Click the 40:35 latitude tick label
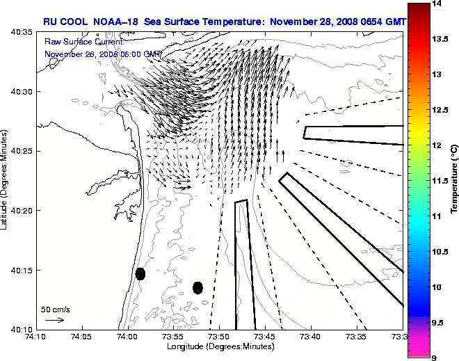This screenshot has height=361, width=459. (x=23, y=33)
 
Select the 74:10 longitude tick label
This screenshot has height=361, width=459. (x=35, y=336)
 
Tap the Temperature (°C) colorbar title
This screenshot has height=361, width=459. (x=453, y=180)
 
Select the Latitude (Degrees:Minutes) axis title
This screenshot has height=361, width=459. (x=6, y=180)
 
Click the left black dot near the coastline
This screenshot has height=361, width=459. (x=140, y=273)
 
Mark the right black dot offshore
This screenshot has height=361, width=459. (x=198, y=287)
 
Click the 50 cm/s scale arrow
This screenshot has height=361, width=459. (x=54, y=320)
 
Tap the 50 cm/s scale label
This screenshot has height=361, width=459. (x=56, y=309)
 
